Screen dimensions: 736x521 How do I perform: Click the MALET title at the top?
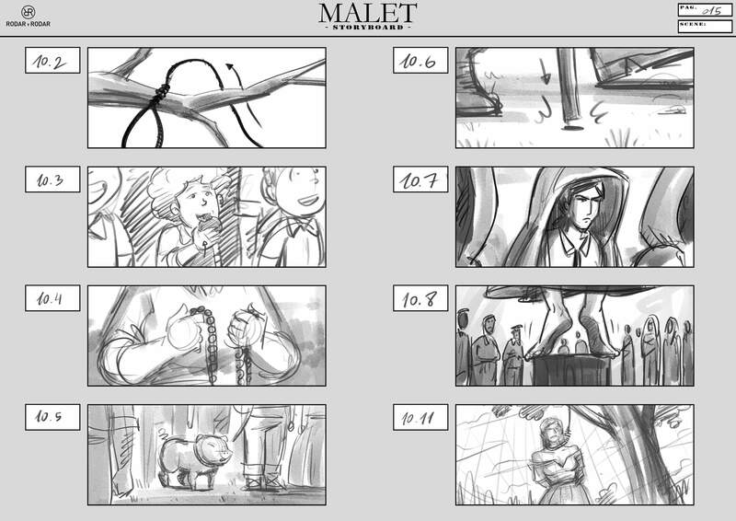[367, 13]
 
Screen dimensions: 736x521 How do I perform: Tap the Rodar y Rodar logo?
[29, 17]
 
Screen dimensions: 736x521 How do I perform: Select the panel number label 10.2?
[52, 60]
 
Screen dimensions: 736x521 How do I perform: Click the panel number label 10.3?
[52, 179]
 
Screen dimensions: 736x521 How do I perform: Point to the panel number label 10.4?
[52, 298]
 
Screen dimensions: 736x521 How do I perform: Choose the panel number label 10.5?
[52, 417]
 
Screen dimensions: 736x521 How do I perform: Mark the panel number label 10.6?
[420, 60]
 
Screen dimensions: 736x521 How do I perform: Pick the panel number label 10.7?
[420, 179]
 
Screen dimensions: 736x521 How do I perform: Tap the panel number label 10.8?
[420, 298]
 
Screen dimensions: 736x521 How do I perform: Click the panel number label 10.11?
[420, 417]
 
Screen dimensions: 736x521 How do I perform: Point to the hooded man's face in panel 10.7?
[585, 207]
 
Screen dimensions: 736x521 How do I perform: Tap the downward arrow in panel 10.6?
[545, 72]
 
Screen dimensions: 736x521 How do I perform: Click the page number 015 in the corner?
[711, 10]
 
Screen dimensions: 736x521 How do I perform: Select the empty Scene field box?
[705, 27]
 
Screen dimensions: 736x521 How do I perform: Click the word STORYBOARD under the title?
[368, 28]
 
